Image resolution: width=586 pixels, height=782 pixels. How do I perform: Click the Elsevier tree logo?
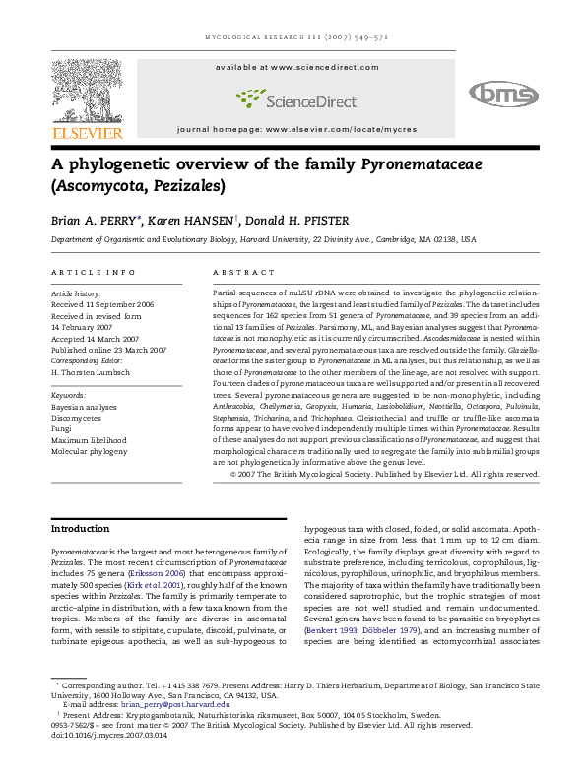tap(88, 91)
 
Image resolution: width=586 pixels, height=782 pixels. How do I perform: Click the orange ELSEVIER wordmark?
tap(88, 133)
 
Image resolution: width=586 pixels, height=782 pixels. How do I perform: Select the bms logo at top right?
tap(503, 94)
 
